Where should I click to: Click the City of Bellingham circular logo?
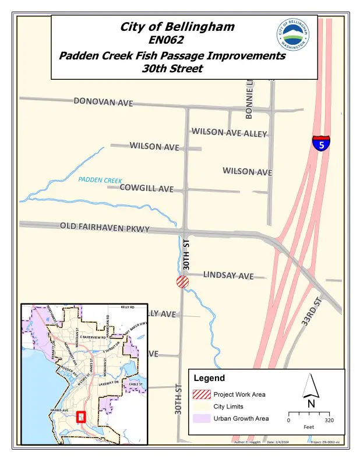click(294, 34)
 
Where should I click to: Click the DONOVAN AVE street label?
click(104, 102)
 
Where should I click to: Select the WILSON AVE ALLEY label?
click(229, 132)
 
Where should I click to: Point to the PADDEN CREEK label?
click(100, 181)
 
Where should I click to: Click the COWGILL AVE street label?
click(147, 188)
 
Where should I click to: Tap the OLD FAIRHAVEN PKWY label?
click(105, 227)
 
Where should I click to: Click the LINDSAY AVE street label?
click(228, 275)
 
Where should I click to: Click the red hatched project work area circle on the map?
click(182, 282)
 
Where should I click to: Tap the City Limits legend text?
click(228, 407)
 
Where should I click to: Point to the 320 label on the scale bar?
click(329, 420)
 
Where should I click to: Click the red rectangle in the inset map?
click(81, 417)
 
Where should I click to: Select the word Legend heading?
click(209, 378)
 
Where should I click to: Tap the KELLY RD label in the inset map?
click(128, 307)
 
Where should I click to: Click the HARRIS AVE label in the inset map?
click(62, 410)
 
